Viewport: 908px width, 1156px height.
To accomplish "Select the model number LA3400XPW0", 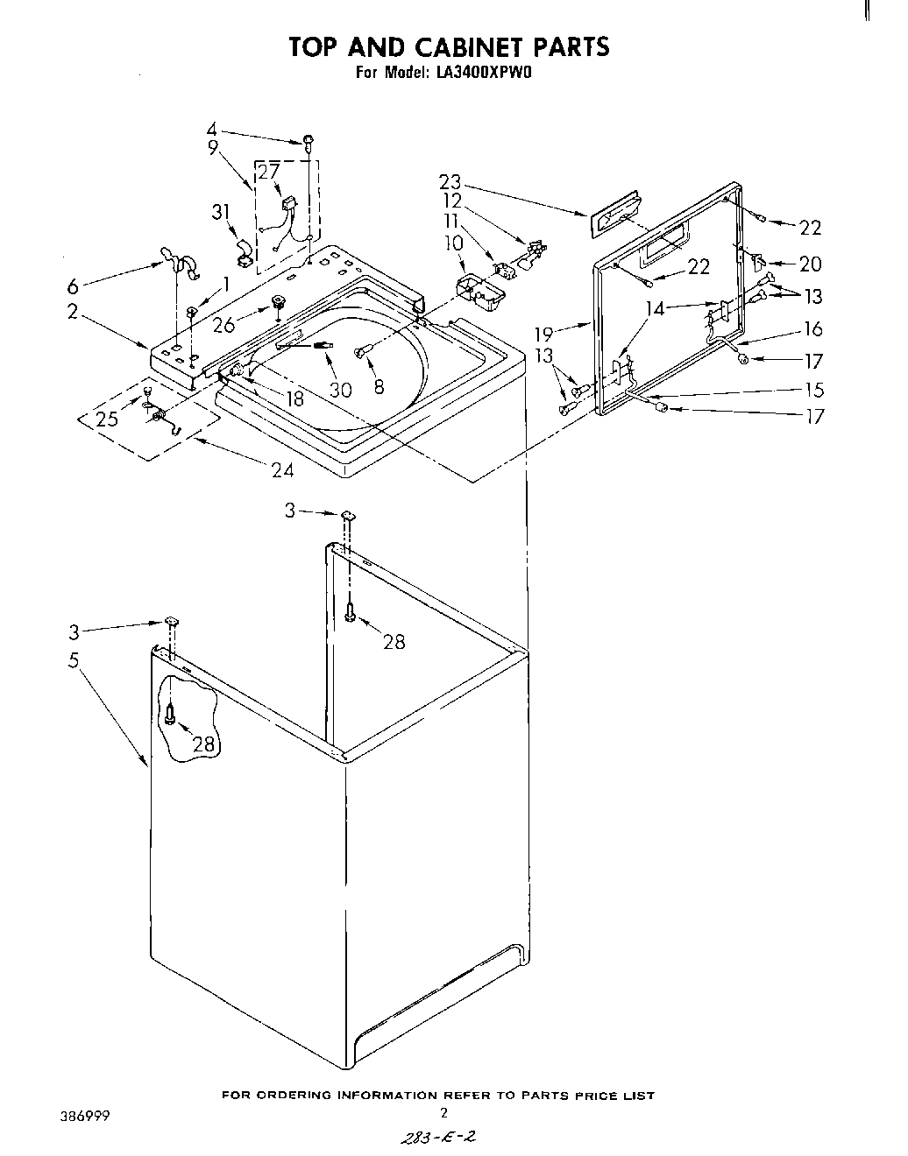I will click(x=484, y=74).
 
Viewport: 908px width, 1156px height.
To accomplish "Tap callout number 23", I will click(x=450, y=183).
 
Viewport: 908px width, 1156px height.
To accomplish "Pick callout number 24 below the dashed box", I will click(x=281, y=470).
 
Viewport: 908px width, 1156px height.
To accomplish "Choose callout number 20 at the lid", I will click(x=809, y=264).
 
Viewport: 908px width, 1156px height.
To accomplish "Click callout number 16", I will click(x=813, y=328).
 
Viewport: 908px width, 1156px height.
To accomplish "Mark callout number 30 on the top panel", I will click(x=340, y=389).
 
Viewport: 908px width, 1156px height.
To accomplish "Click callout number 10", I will click(x=453, y=241).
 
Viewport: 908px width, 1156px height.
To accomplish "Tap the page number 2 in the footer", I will click(x=443, y=1113).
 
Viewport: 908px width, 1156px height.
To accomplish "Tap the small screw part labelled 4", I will click(x=309, y=140).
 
